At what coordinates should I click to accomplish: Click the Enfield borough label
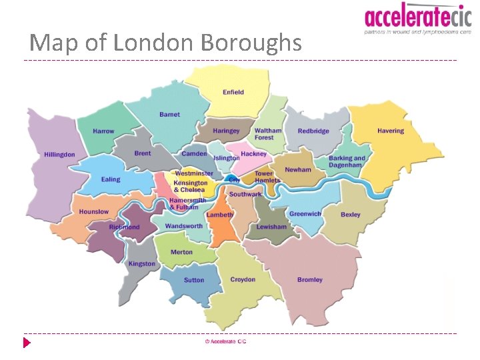[x=233, y=92]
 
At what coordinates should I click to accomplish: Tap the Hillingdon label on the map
[x=60, y=155]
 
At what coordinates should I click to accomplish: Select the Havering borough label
[x=391, y=131]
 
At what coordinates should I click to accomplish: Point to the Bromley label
[x=310, y=280]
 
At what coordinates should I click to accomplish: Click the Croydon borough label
[x=243, y=279]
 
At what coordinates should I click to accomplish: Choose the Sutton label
[x=194, y=280]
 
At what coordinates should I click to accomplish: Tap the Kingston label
[x=142, y=263]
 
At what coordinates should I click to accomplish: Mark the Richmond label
[x=125, y=227]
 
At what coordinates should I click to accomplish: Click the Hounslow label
[x=93, y=212]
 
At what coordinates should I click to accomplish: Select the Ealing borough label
[x=111, y=179]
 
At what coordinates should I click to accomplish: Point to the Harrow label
[x=103, y=131]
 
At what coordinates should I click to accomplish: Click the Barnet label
[x=169, y=115]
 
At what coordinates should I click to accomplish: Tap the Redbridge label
[x=313, y=131]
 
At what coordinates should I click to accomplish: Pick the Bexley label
[x=351, y=215]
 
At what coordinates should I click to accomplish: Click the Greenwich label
[x=305, y=214]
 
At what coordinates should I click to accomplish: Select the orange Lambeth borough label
[x=220, y=215]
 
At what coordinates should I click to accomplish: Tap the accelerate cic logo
[x=417, y=18]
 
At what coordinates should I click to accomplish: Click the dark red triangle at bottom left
[x=27, y=343]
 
